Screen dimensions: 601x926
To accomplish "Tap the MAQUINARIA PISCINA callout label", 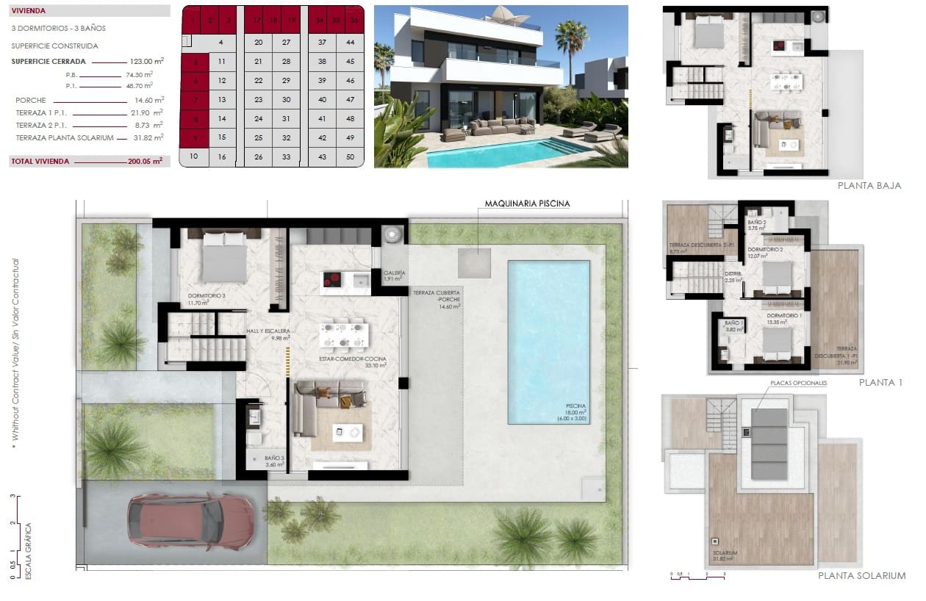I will (x=527, y=204).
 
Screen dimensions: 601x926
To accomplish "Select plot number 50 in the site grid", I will (x=350, y=156).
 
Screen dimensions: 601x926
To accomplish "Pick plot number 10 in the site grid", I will (x=194, y=156).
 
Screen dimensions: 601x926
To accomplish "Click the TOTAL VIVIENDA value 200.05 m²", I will (x=147, y=161).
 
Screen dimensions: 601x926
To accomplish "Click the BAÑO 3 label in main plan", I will (x=274, y=461).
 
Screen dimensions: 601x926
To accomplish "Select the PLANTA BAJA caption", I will (x=869, y=186).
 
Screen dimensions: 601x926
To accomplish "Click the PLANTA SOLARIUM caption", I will (x=861, y=576).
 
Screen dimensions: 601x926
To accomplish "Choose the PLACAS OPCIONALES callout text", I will (x=798, y=384).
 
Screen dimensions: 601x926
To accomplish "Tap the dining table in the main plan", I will (x=342, y=334).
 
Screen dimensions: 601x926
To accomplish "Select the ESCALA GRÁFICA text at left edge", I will (x=29, y=551).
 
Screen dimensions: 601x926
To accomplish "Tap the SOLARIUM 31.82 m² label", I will (x=725, y=555).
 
